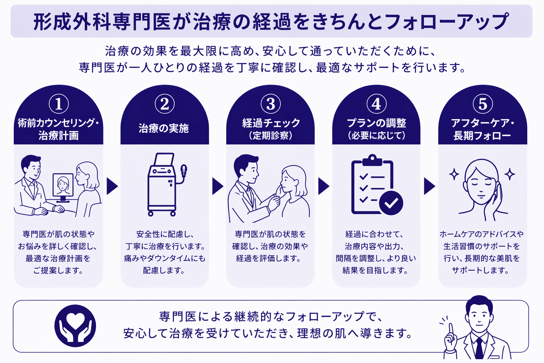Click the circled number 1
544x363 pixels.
58,104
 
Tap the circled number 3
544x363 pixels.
271,104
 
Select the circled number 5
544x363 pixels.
483,104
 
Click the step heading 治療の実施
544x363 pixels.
164,128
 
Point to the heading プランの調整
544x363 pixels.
376,123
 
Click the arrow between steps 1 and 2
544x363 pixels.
112,186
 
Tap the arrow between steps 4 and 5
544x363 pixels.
429,186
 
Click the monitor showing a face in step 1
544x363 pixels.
63,185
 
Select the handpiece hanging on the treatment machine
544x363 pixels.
183,171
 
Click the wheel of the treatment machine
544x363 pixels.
151,213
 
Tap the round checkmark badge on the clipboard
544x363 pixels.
391,203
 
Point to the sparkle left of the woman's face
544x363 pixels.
454,174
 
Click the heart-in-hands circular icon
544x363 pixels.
75,326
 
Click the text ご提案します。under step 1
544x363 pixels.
58,270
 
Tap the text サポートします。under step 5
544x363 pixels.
481,270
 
